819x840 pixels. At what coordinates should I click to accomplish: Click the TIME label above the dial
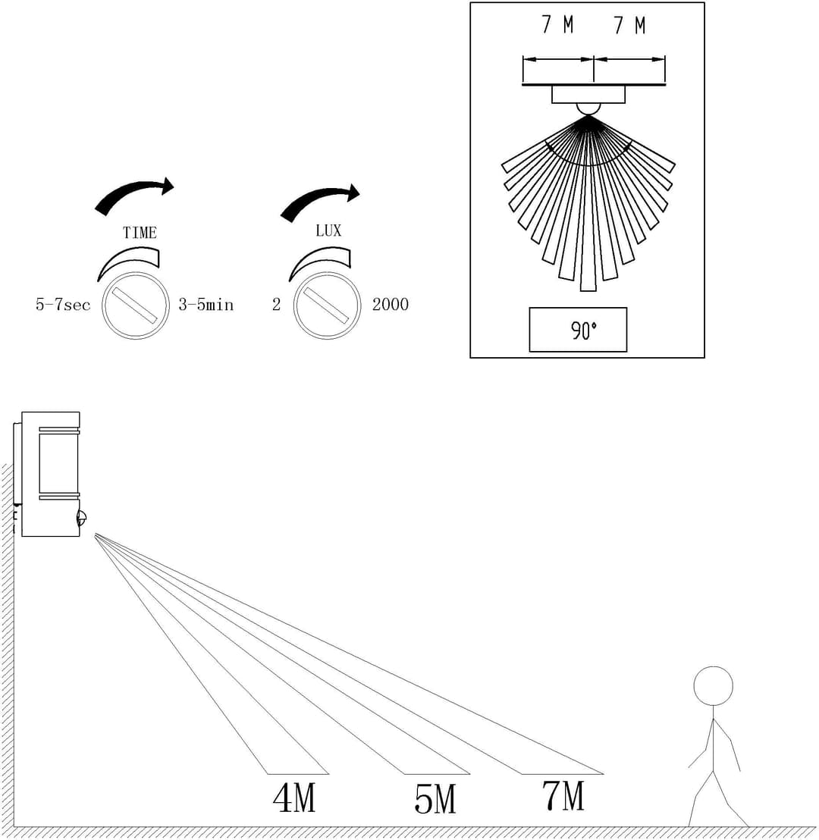click(140, 233)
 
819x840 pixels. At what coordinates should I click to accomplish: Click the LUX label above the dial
click(328, 230)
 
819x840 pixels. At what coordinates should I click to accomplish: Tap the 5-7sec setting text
click(63, 305)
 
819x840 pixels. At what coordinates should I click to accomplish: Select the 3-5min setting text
click(206, 305)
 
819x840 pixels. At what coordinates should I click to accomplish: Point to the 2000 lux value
click(391, 304)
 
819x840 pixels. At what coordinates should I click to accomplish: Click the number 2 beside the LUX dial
click(277, 304)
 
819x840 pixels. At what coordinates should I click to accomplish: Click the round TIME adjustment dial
click(136, 306)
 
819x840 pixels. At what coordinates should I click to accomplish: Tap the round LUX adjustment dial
click(327, 306)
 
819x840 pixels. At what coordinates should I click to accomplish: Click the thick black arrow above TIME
click(134, 195)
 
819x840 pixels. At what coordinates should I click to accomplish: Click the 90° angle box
click(578, 330)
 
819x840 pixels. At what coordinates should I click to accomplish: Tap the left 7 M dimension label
click(558, 25)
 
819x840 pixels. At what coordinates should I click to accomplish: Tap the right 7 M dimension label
click(629, 25)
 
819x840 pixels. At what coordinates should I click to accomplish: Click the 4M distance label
click(294, 798)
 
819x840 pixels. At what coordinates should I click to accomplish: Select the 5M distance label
click(435, 799)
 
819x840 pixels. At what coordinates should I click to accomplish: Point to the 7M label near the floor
click(563, 795)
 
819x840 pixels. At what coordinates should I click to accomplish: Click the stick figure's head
click(713, 685)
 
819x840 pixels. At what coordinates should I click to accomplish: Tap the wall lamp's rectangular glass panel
click(58, 462)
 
